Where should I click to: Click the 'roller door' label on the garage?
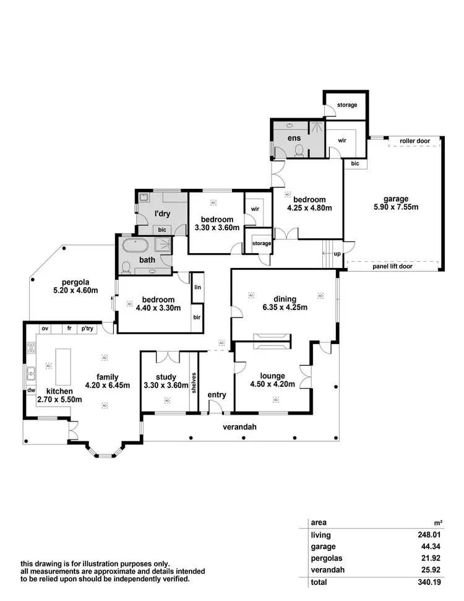click(415, 141)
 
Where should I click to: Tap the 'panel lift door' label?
click(392, 266)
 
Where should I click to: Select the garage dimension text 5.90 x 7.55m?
click(396, 207)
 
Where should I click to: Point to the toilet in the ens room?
click(298, 150)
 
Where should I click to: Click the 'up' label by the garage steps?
click(337, 254)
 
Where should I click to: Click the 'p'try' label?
click(87, 329)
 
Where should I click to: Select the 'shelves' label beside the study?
click(194, 382)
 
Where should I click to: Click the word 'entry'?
click(217, 395)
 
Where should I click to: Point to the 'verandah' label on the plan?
click(239, 426)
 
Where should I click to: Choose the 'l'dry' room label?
click(162, 214)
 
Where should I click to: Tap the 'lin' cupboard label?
click(197, 288)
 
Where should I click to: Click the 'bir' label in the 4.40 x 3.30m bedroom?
click(197, 318)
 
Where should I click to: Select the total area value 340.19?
click(428, 582)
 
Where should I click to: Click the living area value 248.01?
click(428, 535)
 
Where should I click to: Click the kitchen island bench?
click(62, 367)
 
